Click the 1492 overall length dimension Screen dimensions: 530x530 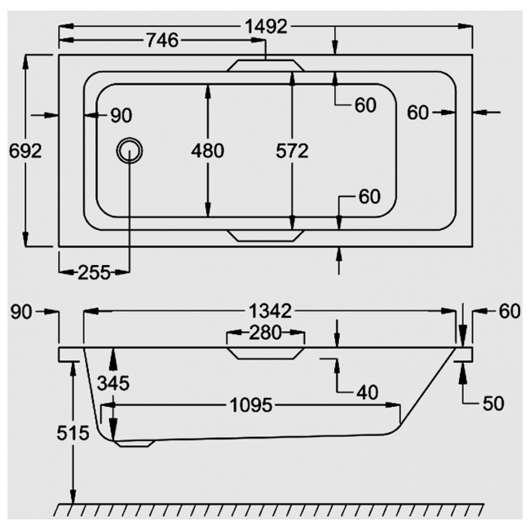click(x=266, y=26)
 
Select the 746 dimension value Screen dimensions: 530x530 click(x=163, y=42)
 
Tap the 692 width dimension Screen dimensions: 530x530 click(x=24, y=151)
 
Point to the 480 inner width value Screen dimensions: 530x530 click(x=207, y=151)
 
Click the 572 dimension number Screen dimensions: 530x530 click(x=291, y=151)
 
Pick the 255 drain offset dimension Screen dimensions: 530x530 click(x=94, y=272)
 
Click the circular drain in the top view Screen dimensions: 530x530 click(x=129, y=151)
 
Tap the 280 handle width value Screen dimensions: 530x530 click(x=265, y=332)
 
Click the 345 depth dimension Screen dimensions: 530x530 click(x=112, y=382)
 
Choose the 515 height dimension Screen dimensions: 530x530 click(x=73, y=433)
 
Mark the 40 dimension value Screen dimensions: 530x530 click(x=368, y=392)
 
